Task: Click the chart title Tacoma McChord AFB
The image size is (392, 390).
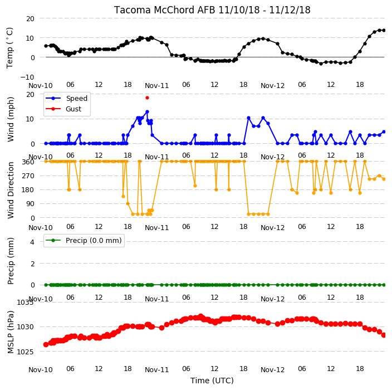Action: (x=165, y=10)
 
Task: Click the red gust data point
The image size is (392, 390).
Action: (x=147, y=98)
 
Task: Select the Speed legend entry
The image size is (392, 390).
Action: (x=66, y=98)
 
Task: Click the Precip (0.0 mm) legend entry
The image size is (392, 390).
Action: (x=84, y=240)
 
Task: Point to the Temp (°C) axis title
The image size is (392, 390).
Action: (x=10, y=48)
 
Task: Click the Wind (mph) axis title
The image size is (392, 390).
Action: (x=11, y=120)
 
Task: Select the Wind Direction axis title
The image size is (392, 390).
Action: (x=11, y=191)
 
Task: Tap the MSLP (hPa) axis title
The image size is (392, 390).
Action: (x=11, y=331)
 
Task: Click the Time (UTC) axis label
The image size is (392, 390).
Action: (x=212, y=381)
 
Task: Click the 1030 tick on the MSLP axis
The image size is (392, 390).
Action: (x=25, y=327)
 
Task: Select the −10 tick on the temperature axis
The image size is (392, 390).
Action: (x=27, y=77)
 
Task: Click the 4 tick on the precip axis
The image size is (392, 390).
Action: (x=32, y=242)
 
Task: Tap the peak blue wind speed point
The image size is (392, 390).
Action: (x=147, y=112)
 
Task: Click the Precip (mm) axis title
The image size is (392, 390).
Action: (x=11, y=261)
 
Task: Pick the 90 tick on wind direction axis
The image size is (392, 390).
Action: (x=30, y=204)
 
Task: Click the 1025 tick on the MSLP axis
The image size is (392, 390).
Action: (x=25, y=352)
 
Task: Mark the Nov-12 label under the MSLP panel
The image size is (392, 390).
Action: (x=272, y=370)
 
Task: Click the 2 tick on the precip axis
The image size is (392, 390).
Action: (x=32, y=264)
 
